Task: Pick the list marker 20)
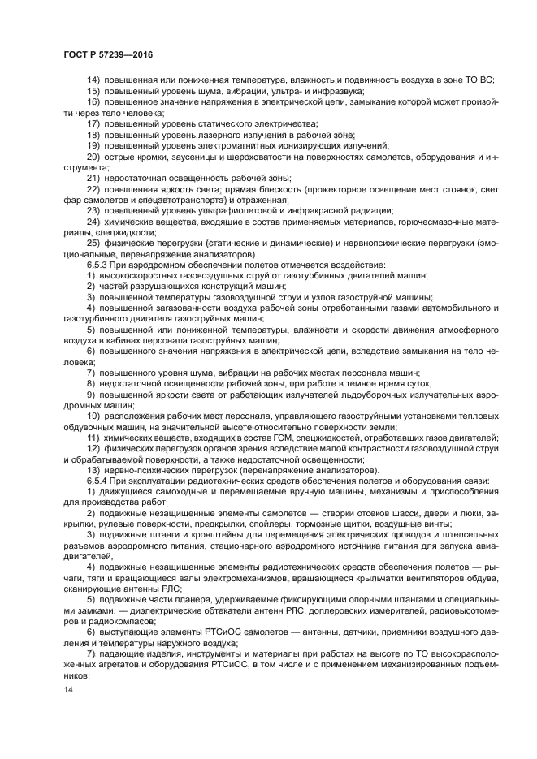click(x=94, y=155)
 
